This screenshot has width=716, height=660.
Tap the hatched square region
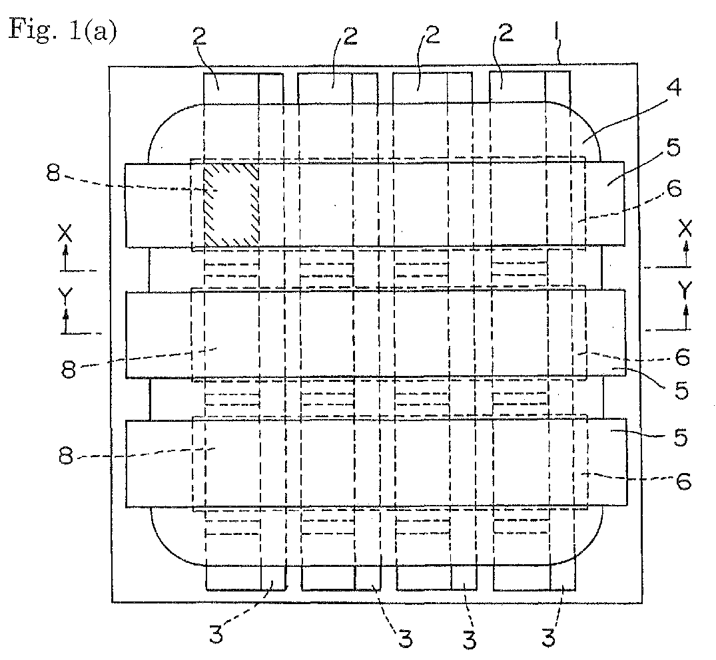pyautogui.click(x=230, y=204)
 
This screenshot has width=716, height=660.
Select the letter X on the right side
pyautogui.click(x=685, y=228)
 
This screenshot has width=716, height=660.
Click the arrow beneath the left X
pyautogui.click(x=65, y=257)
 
